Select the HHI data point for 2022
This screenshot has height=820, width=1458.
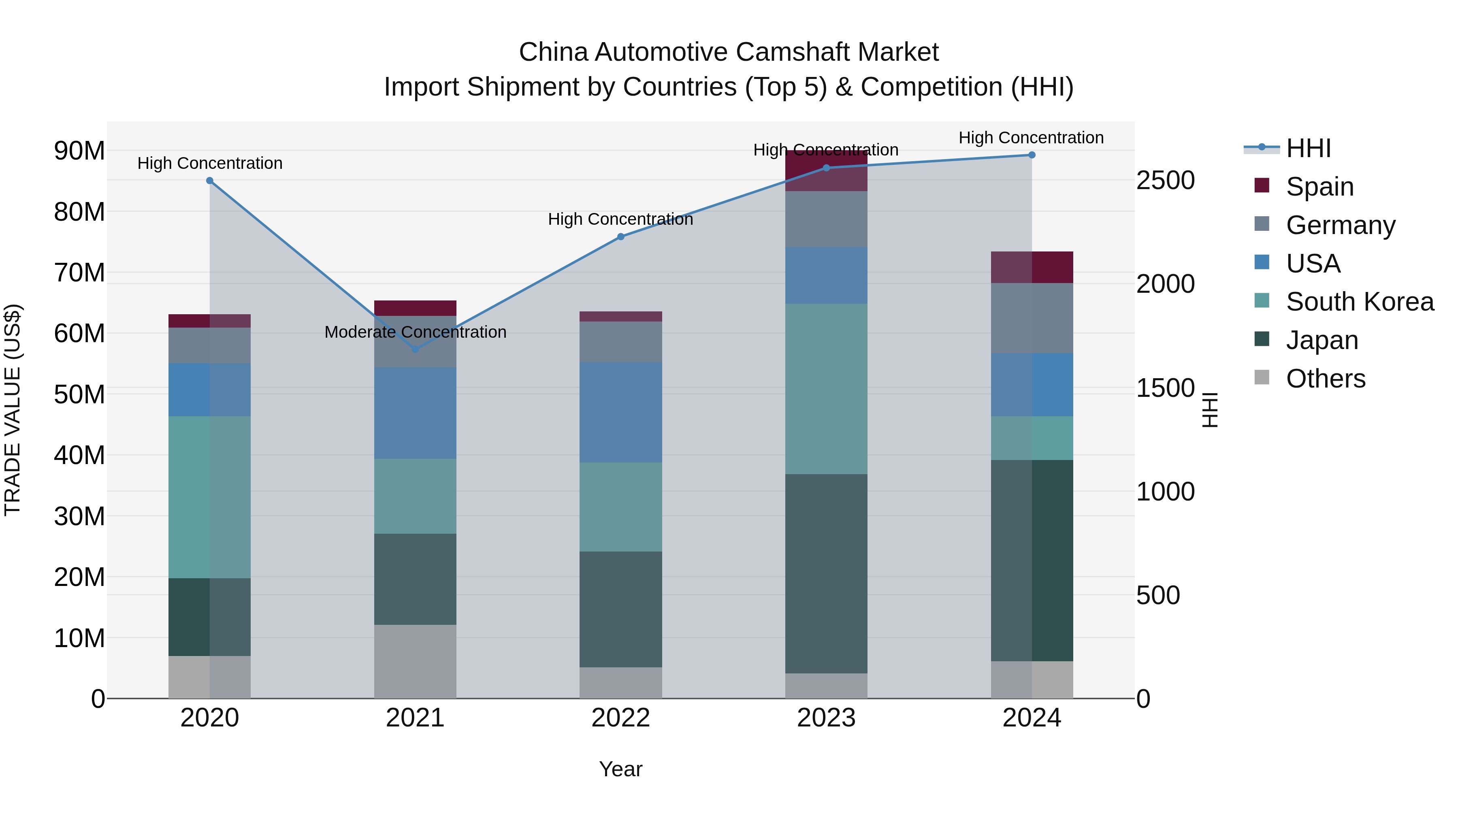coord(620,236)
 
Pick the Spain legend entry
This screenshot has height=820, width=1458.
coord(1319,186)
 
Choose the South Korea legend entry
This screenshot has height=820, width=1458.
coord(1360,302)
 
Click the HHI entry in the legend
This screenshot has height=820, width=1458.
coord(1308,148)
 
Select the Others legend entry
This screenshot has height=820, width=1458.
coord(1325,379)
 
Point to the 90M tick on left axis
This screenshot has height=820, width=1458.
coord(79,151)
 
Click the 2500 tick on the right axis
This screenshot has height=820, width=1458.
coord(1165,181)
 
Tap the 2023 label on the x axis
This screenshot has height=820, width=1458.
coord(826,718)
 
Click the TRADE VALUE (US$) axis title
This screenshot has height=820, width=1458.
coord(13,410)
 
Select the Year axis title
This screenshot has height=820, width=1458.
coord(620,769)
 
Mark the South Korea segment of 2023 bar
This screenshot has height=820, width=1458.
coord(826,388)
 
